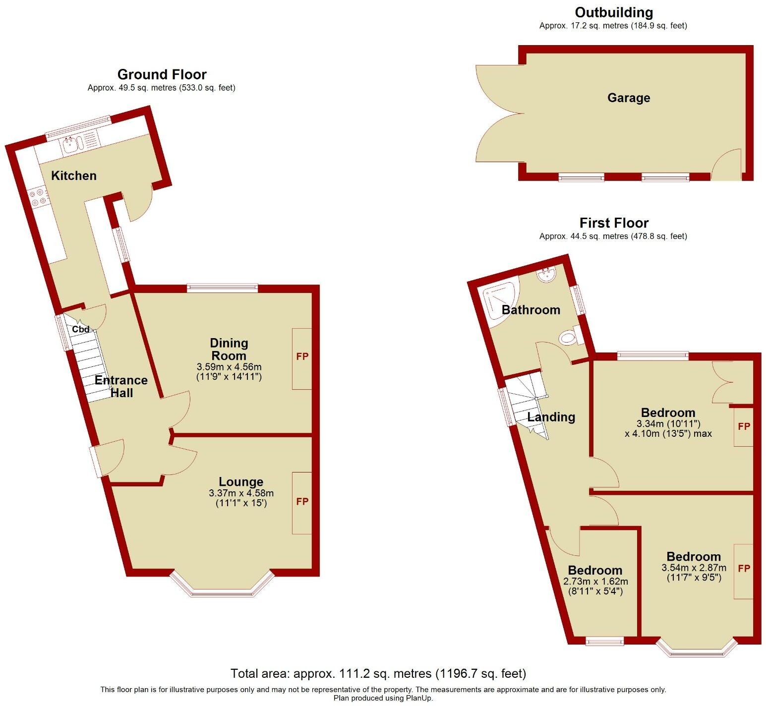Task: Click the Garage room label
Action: click(629, 98)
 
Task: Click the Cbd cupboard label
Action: click(81, 329)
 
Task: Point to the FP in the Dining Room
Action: click(302, 356)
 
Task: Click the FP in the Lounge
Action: click(302, 502)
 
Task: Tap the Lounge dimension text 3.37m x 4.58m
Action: click(241, 493)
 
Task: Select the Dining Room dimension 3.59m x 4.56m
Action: click(229, 367)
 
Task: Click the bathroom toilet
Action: click(568, 339)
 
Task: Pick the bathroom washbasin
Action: click(547, 275)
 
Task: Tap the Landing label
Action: click(551, 417)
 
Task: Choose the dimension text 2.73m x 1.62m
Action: click(595, 582)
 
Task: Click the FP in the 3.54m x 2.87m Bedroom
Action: click(744, 569)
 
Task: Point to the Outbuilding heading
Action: click(614, 12)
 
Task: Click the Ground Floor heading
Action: click(162, 74)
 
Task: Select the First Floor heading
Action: click(614, 223)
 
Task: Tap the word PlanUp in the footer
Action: click(419, 698)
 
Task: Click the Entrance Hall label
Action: click(121, 386)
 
